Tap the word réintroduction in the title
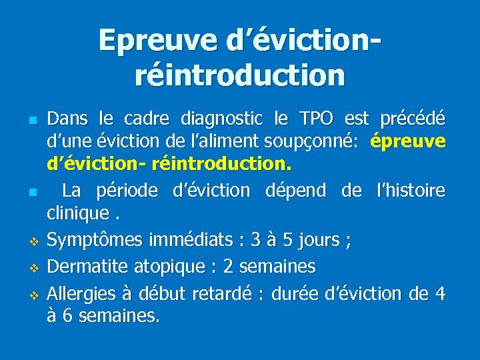pyautogui.click(x=240, y=75)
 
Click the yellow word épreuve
pyautogui.click(x=407, y=142)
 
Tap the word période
pyautogui.click(x=125, y=191)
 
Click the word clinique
pyautogui.click(x=75, y=214)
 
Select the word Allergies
pyautogui.click(x=85, y=293)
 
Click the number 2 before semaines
pyautogui.click(x=228, y=267)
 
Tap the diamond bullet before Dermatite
pyautogui.click(x=32, y=268)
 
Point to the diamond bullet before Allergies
pyautogui.click(x=32, y=295)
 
